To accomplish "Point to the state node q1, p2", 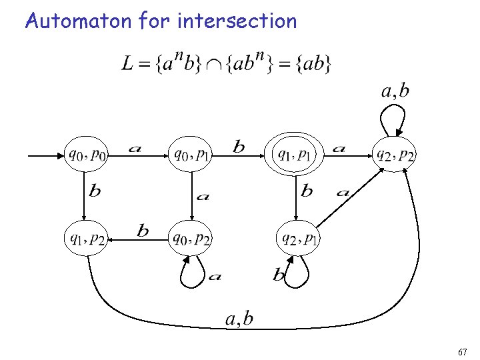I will [x=85, y=237].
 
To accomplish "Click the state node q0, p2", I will [x=192, y=237].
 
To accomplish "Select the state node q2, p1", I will [x=299, y=237].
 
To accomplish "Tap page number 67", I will [x=463, y=351].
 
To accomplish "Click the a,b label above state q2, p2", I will [x=395, y=91].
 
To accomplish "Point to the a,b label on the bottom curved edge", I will [x=239, y=319].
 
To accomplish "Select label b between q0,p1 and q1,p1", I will [x=238, y=147].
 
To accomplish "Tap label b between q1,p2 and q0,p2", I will [x=143, y=231].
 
